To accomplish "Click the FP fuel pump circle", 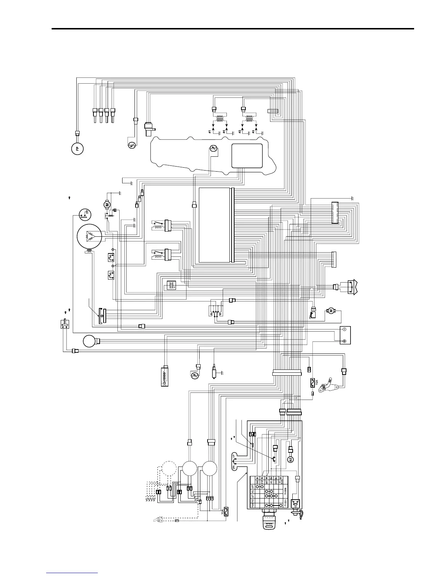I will click(77, 148).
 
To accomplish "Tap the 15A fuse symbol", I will click(312, 383).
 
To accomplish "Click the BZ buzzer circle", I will click(290, 460).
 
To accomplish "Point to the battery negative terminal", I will click(345, 330).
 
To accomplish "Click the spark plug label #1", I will click(210, 131).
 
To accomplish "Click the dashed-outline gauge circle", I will click(169, 469).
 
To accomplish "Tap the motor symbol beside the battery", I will click(331, 311).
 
